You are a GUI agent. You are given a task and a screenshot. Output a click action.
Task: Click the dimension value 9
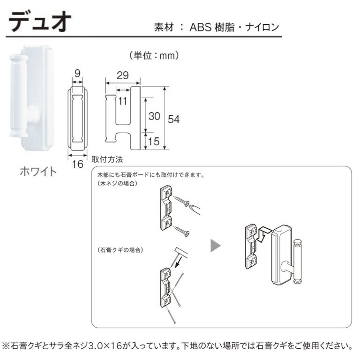pyautogui.click(x=77, y=74)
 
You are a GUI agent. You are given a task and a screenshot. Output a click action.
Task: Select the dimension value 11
pyautogui.click(x=123, y=100)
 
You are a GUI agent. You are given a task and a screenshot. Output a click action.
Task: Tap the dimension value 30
pyautogui.click(x=154, y=116)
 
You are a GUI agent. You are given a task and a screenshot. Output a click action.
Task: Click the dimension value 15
pyautogui.click(x=154, y=141)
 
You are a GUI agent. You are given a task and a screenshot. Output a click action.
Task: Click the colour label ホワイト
pyautogui.click(x=37, y=171)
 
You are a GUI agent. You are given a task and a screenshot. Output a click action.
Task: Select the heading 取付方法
pyautogui.click(x=107, y=159)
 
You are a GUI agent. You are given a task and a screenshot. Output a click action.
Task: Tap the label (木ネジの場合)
pyautogui.click(x=117, y=184)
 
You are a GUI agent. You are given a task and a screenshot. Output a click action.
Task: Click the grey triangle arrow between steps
pyautogui.click(x=216, y=246)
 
